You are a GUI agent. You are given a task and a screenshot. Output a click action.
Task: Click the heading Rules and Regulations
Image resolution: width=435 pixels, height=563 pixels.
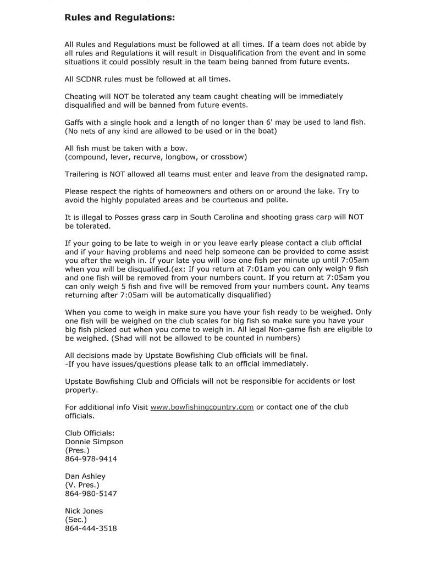[120, 18]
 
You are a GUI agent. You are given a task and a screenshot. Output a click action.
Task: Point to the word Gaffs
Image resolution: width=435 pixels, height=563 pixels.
[75, 122]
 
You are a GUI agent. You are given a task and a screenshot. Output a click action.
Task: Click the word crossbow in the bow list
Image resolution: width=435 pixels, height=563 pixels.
[227, 157]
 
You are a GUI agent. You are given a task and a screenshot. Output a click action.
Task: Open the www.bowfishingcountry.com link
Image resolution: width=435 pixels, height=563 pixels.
[202, 407]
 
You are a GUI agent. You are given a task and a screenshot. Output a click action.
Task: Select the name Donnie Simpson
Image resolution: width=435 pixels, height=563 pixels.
[94, 441]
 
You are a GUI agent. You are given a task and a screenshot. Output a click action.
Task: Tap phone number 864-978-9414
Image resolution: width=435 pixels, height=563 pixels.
[91, 459]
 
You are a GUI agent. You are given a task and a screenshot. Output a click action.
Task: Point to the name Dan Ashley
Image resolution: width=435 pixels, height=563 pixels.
[85, 476]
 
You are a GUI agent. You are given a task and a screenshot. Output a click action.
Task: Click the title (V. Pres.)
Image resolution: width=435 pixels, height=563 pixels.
[82, 485]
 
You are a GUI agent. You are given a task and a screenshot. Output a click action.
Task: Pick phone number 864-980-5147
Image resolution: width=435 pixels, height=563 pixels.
[91, 494]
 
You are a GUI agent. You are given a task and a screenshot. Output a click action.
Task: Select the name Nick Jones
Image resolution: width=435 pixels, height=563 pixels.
[84, 511]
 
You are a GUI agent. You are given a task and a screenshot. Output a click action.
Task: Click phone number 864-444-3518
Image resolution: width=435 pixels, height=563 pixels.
[91, 528]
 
